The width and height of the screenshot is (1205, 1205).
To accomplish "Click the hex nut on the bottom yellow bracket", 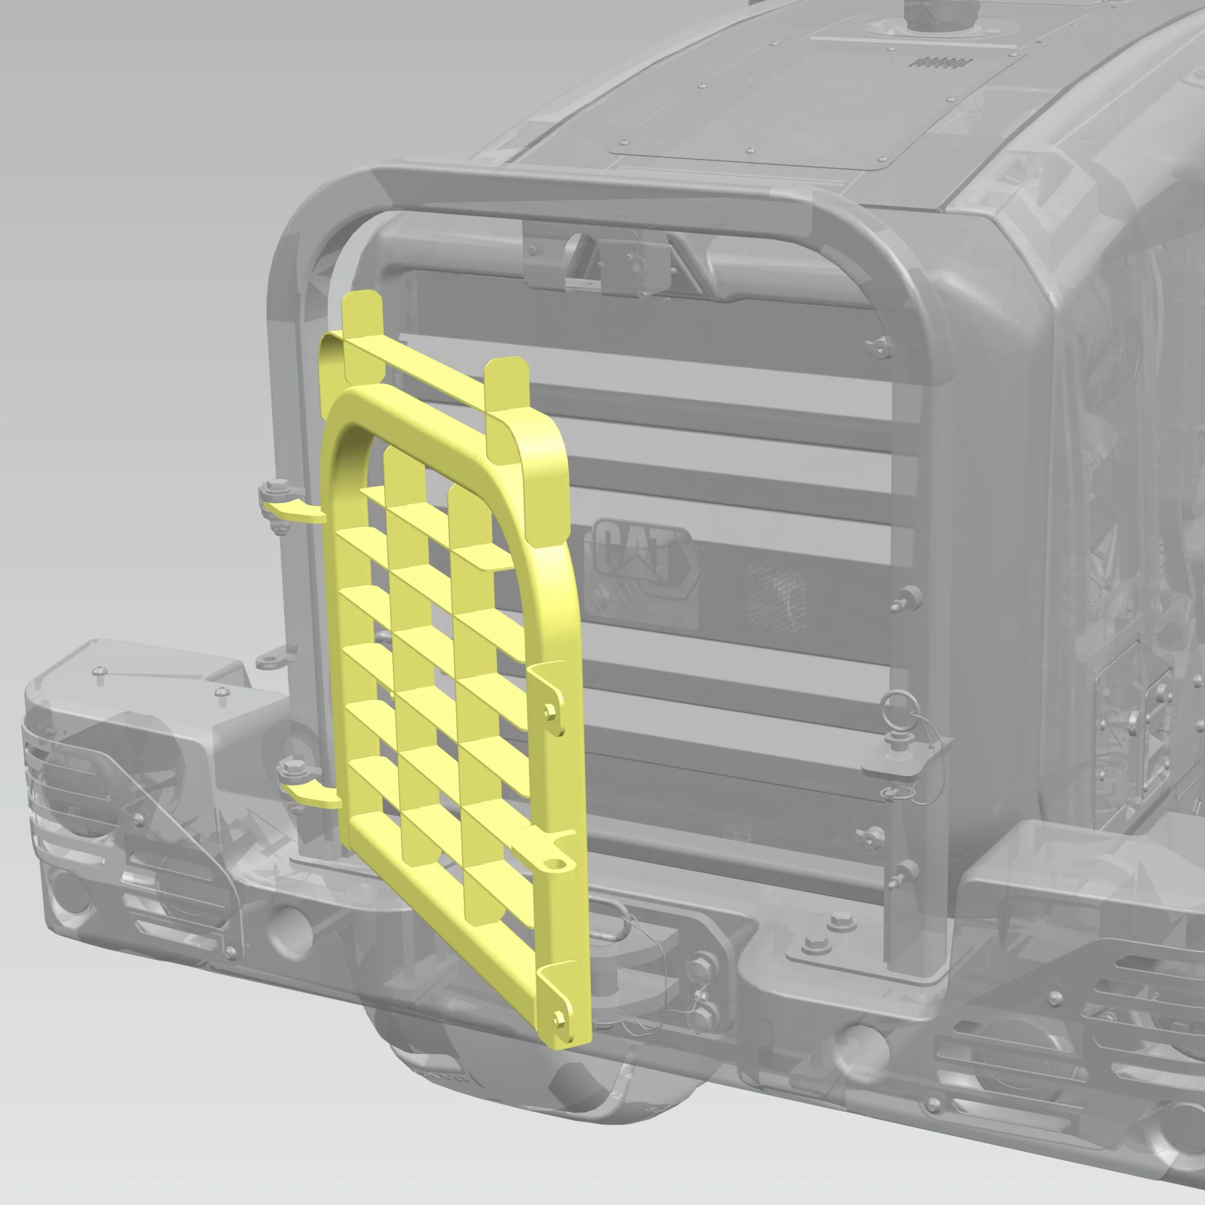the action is (560, 1018).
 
